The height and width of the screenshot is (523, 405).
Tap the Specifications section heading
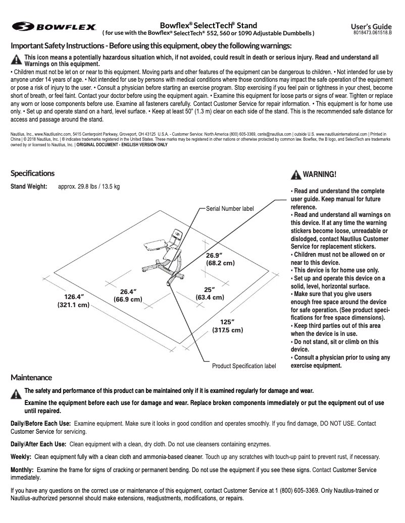coord(32,173)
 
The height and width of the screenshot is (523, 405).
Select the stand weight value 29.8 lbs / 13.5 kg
coord(89,187)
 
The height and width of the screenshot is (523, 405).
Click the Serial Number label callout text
coord(230,208)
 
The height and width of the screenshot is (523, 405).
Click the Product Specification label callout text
coord(244,366)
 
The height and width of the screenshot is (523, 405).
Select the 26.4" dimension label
coord(128,296)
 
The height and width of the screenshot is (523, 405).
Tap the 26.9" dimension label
coord(220,259)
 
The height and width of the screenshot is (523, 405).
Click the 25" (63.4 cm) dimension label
coord(210,294)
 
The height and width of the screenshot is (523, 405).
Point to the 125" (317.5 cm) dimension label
coord(227,326)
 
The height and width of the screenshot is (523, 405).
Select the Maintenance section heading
coord(31,377)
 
